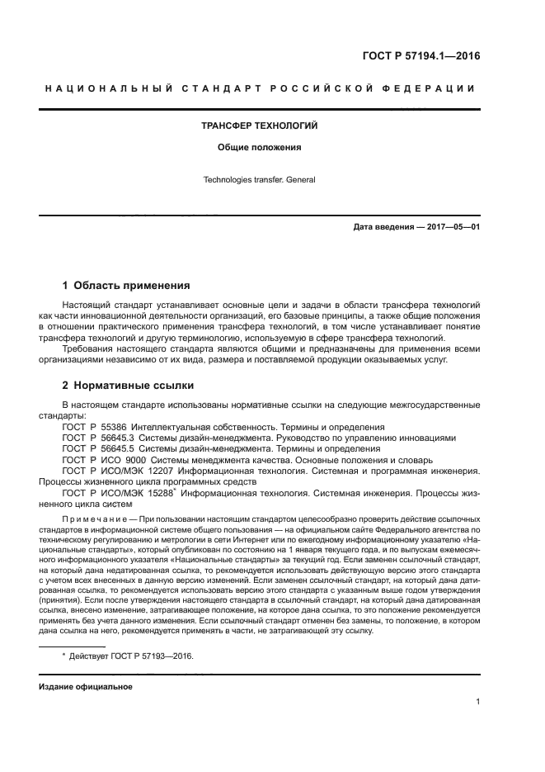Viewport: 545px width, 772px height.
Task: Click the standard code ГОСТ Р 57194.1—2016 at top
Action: (x=421, y=57)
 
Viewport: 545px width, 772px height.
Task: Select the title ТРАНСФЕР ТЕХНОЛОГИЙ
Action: (x=260, y=126)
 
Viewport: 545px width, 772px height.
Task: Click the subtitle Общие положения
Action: (x=260, y=148)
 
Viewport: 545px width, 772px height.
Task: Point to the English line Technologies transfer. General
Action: (x=260, y=179)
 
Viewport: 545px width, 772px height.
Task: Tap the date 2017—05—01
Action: (x=450, y=227)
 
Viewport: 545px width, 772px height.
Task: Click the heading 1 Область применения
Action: (x=126, y=286)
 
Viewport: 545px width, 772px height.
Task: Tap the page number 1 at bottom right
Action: (x=478, y=703)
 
